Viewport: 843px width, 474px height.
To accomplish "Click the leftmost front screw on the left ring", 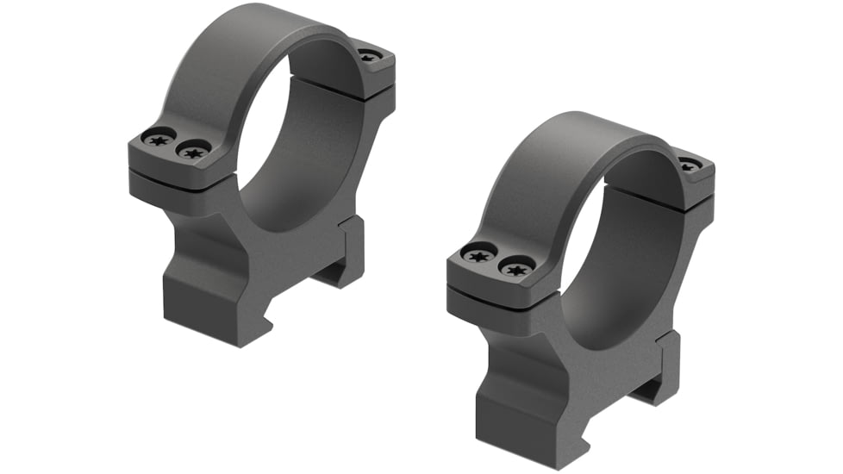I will click(x=159, y=138).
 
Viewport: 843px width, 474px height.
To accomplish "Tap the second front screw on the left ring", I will click(x=192, y=151).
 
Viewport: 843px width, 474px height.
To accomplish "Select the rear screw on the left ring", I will click(x=369, y=57).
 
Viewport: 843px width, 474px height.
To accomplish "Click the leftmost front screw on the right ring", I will click(x=479, y=253).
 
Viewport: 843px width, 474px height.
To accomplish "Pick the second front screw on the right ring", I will click(x=515, y=268).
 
